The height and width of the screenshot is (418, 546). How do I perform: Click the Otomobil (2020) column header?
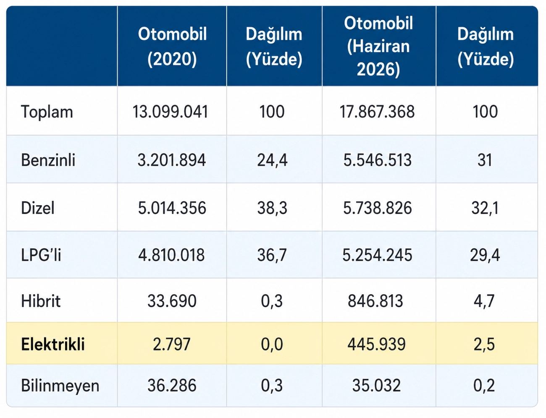click(172, 47)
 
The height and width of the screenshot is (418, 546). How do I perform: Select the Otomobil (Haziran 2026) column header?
click(378, 47)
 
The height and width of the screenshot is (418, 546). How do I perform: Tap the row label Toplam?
click(47, 112)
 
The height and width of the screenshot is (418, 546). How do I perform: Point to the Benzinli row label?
click(48, 160)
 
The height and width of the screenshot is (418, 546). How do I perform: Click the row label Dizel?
click(38, 208)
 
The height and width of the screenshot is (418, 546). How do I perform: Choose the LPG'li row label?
click(41, 255)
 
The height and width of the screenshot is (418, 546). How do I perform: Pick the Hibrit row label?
click(41, 301)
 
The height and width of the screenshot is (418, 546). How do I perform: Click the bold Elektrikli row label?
click(53, 344)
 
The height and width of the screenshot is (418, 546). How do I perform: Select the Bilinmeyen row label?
click(60, 386)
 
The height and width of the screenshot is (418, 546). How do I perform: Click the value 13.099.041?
click(171, 112)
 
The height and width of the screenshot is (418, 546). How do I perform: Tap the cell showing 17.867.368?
click(377, 112)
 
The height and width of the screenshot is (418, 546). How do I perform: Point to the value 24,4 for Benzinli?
click(272, 160)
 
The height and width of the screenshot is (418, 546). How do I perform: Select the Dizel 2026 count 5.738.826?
click(378, 208)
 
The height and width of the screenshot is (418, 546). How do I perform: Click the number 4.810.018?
click(172, 255)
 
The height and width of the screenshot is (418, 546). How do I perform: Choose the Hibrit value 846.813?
click(375, 301)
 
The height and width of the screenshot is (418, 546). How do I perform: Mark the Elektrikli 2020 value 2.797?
click(172, 344)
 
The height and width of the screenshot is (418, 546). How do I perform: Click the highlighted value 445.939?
click(376, 344)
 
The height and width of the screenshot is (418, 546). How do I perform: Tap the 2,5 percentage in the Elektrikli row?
click(484, 344)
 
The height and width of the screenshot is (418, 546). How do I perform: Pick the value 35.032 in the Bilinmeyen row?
click(376, 385)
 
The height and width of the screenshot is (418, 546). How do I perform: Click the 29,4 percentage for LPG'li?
click(485, 255)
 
